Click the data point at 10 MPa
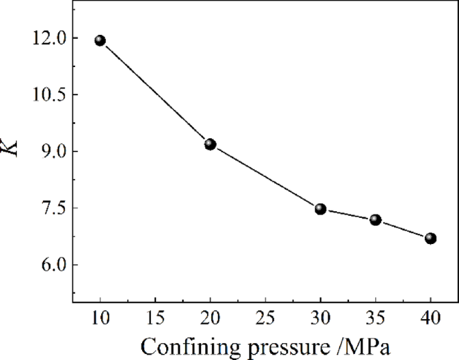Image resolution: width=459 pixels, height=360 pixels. (x=101, y=40)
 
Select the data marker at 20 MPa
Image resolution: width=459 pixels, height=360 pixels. (x=210, y=144)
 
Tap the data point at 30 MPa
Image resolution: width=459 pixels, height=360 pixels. (x=320, y=209)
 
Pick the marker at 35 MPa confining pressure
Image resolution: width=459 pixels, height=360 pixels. (x=375, y=220)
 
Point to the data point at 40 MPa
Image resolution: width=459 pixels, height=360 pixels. (x=431, y=238)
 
